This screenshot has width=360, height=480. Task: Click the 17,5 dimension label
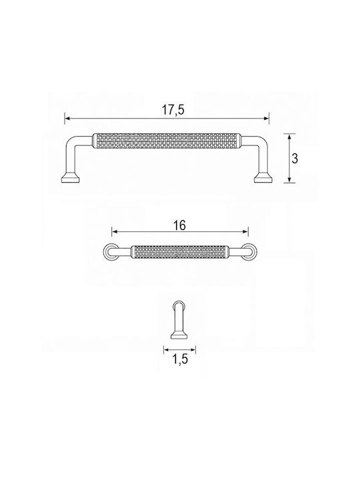(173, 110)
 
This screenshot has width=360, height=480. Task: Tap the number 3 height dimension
(295, 159)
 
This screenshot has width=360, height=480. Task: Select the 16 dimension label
(179, 225)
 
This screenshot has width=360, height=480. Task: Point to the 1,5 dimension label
(179, 360)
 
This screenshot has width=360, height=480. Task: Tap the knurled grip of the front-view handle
(167, 141)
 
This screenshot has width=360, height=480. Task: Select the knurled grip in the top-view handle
(180, 252)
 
